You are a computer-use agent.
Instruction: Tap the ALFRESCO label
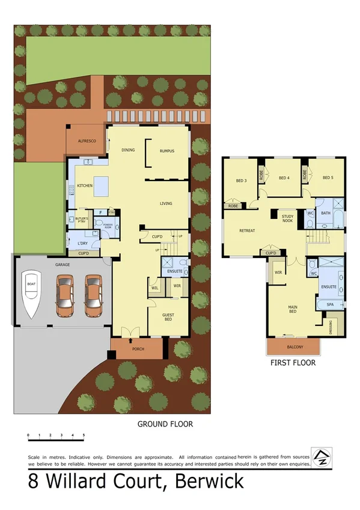tap(87, 141)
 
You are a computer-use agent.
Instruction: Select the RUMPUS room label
tap(166, 151)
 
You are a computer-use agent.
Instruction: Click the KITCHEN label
tap(85, 186)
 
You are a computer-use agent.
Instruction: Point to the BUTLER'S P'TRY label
tap(82, 220)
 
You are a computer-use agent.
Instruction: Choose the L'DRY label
tap(83, 243)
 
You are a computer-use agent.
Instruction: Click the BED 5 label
tap(328, 177)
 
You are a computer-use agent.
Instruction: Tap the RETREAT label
tap(247, 231)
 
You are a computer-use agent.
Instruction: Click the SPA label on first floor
tap(329, 305)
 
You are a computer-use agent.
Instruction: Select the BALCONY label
tap(294, 347)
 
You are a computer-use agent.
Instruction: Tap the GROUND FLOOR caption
tap(165, 424)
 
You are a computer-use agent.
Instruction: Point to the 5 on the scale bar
tap(84, 435)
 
